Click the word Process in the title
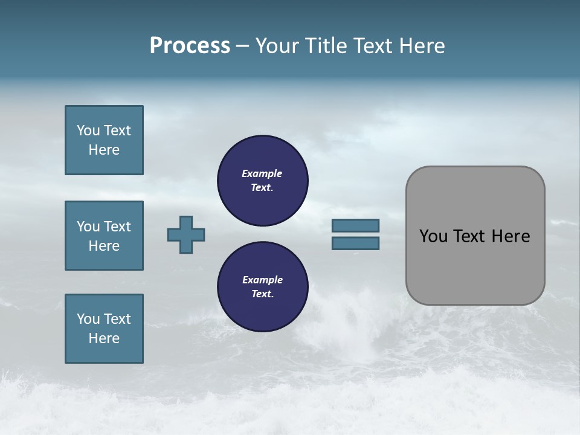(190, 46)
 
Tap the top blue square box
(104, 140)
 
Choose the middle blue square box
(104, 236)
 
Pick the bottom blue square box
(104, 329)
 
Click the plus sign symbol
(186, 234)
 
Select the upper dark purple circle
(263, 181)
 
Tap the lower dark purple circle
(263, 287)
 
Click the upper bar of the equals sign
(356, 225)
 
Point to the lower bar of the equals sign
(356, 243)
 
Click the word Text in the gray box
(469, 236)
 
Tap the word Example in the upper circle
(262, 173)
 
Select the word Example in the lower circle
(262, 280)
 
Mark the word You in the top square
(88, 130)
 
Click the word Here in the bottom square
(104, 338)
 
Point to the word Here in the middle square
(104, 246)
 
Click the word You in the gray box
(433, 236)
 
